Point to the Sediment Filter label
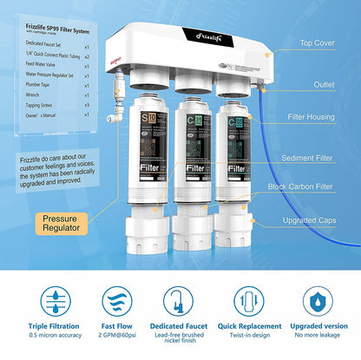tap(318, 158)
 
